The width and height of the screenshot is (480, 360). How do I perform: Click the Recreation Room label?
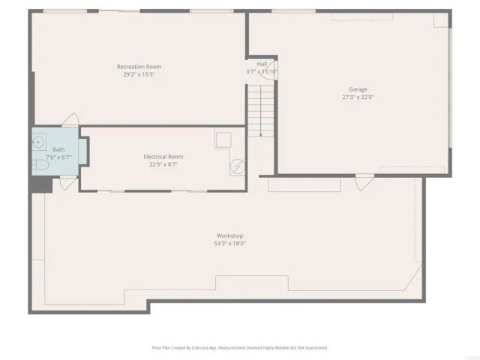point(139,67)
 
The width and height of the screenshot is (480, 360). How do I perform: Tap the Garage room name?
point(358,89)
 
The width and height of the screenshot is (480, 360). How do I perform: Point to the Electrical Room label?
point(163,156)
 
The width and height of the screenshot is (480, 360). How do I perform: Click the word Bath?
point(58,149)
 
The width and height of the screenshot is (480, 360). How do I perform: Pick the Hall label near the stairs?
point(262,64)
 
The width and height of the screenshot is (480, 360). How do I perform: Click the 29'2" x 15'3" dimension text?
point(139,74)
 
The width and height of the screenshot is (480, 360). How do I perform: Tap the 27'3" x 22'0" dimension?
point(358,97)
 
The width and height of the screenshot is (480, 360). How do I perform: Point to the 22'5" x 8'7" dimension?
point(163,164)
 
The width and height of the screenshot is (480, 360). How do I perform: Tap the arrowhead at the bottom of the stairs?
point(261,135)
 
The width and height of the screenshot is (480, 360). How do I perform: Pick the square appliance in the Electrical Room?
point(223,139)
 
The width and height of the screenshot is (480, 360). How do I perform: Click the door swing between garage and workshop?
point(364,181)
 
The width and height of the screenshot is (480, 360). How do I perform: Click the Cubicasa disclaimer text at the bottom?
point(240,347)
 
